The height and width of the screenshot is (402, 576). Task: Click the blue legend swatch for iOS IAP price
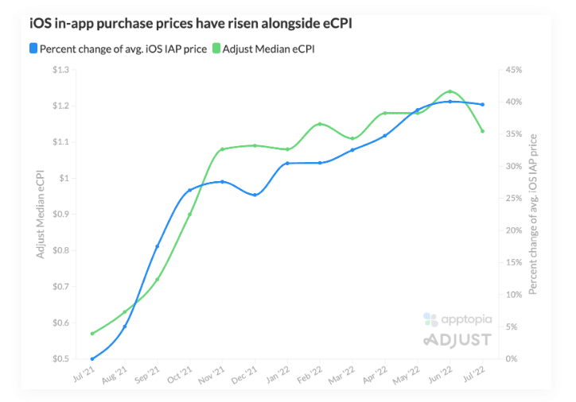[33, 49]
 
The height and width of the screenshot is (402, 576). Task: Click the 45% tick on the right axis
[512, 70]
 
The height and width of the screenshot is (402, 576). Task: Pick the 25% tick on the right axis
[512, 199]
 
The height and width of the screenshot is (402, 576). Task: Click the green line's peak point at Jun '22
[450, 91]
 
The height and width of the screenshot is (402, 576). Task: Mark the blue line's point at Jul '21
[92, 359]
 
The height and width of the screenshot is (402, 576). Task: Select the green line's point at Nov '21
[223, 149]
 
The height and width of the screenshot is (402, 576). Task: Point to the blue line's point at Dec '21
[255, 195]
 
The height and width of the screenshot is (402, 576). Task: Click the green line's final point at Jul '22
[482, 131]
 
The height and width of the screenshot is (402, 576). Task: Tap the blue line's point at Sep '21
[158, 246]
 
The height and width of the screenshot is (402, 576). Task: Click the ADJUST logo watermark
[457, 340]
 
